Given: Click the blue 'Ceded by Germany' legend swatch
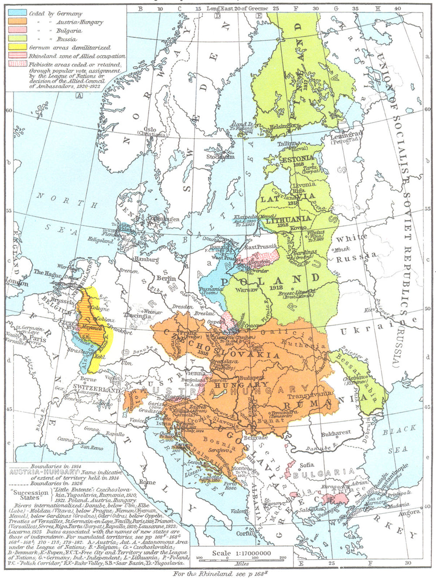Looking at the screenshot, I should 17,14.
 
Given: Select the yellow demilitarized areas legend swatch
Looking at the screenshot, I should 17,47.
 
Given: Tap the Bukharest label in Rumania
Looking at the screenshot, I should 336,434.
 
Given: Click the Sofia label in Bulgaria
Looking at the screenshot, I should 307,465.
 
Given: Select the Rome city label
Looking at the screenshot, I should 147,483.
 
